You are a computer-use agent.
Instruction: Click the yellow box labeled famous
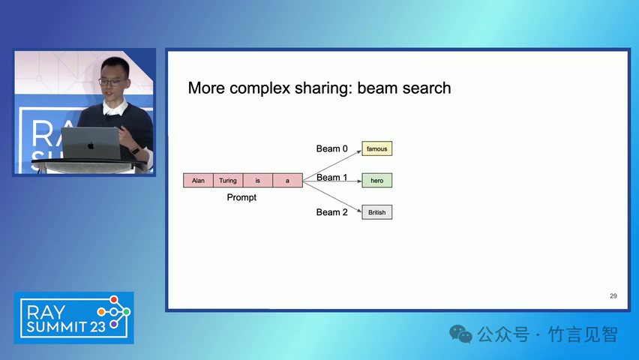[377, 148]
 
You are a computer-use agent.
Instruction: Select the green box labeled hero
[377, 181]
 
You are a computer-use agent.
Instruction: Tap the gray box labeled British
[377, 212]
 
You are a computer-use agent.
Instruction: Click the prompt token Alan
[198, 181]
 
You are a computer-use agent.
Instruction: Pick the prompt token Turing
[228, 181]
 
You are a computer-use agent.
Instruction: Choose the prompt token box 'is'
[257, 181]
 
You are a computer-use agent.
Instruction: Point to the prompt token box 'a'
[288, 181]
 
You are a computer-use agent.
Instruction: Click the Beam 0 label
[331, 148]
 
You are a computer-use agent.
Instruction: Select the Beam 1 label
[331, 177]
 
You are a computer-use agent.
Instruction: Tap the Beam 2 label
[331, 212]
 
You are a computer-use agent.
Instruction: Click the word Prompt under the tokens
[241, 198]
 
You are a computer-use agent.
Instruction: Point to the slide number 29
[613, 296]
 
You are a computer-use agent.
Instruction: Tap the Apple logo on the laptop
[91, 145]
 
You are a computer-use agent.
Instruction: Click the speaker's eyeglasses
[111, 82]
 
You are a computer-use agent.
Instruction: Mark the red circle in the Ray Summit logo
[114, 300]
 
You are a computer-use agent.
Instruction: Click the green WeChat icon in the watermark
[460, 334]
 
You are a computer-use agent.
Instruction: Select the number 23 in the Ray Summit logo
[97, 327]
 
